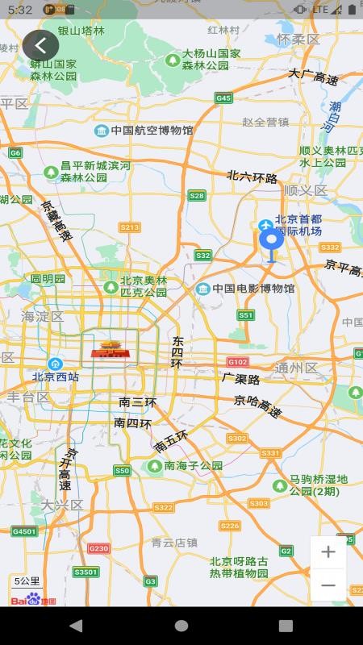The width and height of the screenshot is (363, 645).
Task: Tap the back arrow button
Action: point(40,45)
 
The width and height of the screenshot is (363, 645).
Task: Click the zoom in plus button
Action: point(328,552)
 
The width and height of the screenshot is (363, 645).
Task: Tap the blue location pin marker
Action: point(271,241)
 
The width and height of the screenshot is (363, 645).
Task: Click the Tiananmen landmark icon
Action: point(109,349)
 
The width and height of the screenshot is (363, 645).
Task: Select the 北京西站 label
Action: point(56,376)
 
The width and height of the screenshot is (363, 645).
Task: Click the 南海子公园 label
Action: point(193,466)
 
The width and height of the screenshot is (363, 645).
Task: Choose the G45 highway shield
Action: point(223,98)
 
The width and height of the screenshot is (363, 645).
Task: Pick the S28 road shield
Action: point(197,195)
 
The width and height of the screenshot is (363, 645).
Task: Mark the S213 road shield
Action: point(129,227)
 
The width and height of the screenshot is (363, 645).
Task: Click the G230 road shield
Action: point(98,548)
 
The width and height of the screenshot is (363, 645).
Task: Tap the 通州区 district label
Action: point(297,368)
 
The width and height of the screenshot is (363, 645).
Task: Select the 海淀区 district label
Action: point(43,317)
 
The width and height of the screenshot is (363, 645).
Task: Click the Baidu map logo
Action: point(33,599)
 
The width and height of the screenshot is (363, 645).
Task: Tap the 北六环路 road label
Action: point(252,177)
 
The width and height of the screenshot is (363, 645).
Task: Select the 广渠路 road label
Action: point(241,378)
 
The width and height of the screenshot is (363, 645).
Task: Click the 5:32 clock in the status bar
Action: point(20,10)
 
